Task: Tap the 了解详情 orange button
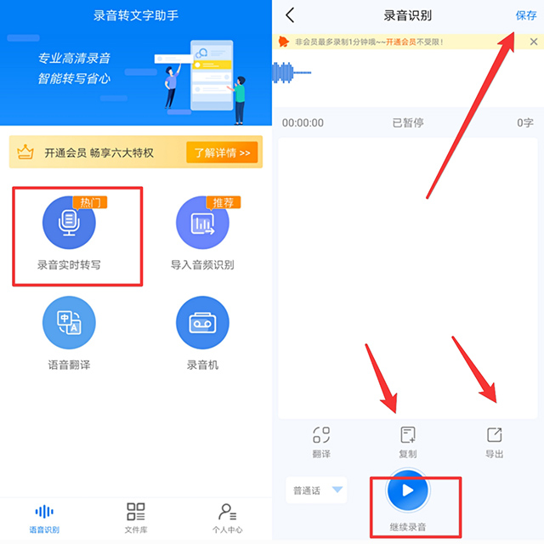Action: (x=222, y=153)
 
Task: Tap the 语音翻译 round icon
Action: (x=69, y=324)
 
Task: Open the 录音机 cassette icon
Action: (x=202, y=324)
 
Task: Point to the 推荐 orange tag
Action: (x=224, y=202)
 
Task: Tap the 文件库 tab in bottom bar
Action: (x=136, y=517)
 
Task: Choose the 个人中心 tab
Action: (x=227, y=517)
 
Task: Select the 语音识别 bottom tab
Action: (x=44, y=517)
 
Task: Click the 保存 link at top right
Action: (x=526, y=15)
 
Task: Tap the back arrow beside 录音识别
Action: (x=291, y=15)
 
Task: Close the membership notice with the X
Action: (x=533, y=42)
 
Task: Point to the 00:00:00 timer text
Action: (x=303, y=123)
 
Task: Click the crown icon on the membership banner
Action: (x=25, y=153)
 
